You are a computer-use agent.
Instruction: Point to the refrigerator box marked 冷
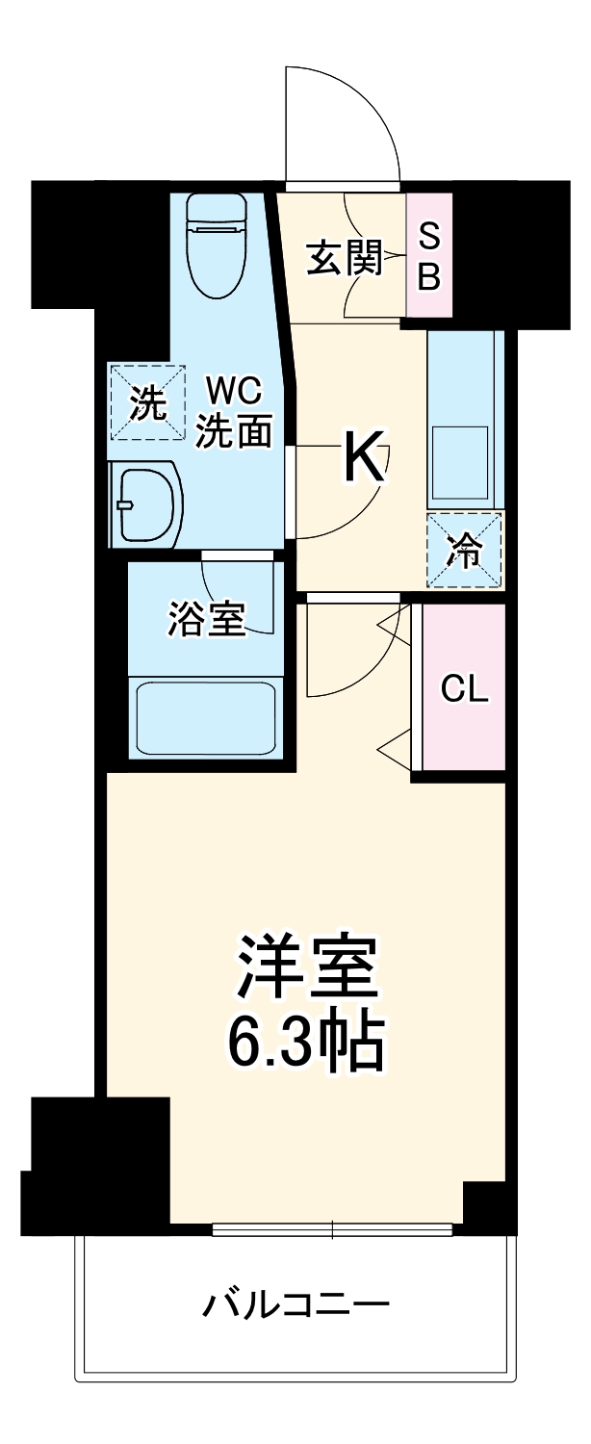466,550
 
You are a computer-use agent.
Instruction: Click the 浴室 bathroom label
204,618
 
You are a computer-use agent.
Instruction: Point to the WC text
232,392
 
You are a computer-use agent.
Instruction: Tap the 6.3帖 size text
305,1043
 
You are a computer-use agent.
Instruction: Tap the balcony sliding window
332,1228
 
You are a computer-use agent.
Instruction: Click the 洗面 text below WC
232,430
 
